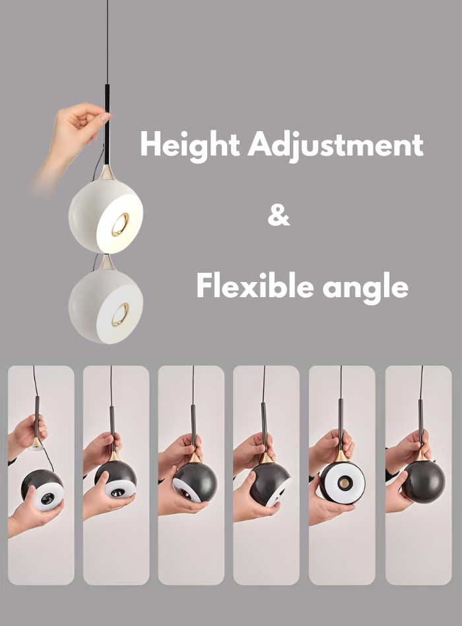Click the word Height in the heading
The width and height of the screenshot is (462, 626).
[189, 145]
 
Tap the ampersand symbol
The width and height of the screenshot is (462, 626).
[279, 216]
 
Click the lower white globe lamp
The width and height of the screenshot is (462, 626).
[105, 306]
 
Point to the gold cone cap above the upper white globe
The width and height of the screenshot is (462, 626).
[108, 174]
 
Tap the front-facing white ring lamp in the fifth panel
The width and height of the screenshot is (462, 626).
[341, 482]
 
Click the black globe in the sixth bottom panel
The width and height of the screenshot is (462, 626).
[422, 480]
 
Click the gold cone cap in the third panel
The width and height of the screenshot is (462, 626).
[195, 457]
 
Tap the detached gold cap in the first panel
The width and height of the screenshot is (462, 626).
[36, 443]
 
